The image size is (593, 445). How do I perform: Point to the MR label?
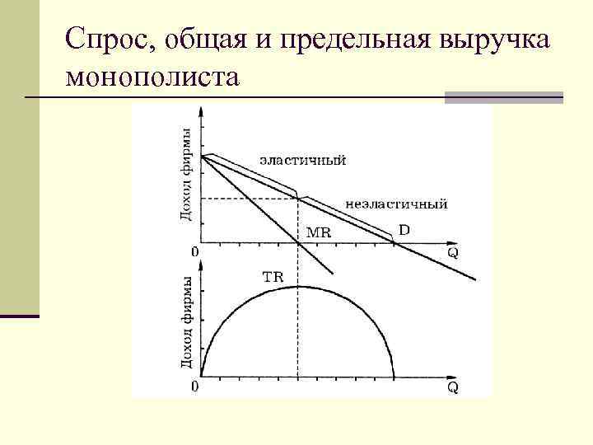tap(318, 232)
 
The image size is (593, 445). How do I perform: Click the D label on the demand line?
tap(404, 230)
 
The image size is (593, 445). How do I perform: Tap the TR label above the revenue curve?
tap(273, 277)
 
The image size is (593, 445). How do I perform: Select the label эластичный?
tap(302, 160)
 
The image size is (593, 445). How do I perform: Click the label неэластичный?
tap(397, 202)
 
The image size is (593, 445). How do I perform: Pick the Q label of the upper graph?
tap(452, 252)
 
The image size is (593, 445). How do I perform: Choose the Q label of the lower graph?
tap(452, 386)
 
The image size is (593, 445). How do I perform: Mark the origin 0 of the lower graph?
tap(194, 385)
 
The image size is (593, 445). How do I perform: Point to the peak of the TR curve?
tap(298, 286)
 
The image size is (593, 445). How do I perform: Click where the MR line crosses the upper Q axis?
tap(298, 243)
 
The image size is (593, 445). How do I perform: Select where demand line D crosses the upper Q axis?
tap(393, 243)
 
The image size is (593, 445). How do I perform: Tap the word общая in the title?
tap(217, 40)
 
